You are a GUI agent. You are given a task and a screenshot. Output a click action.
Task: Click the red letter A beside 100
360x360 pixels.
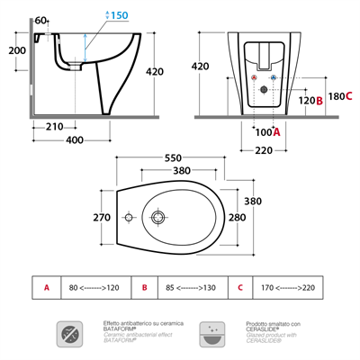tap(277, 131)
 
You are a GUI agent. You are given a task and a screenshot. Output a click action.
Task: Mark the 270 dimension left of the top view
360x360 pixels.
tap(102, 217)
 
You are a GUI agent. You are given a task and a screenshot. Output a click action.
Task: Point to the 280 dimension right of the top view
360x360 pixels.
tap(262, 217)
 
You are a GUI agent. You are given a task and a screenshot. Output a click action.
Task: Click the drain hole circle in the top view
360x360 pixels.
tap(158, 218)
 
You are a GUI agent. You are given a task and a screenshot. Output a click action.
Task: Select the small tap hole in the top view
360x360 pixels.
tap(128, 219)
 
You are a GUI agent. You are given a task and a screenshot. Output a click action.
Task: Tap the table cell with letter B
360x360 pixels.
tap(145, 288)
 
